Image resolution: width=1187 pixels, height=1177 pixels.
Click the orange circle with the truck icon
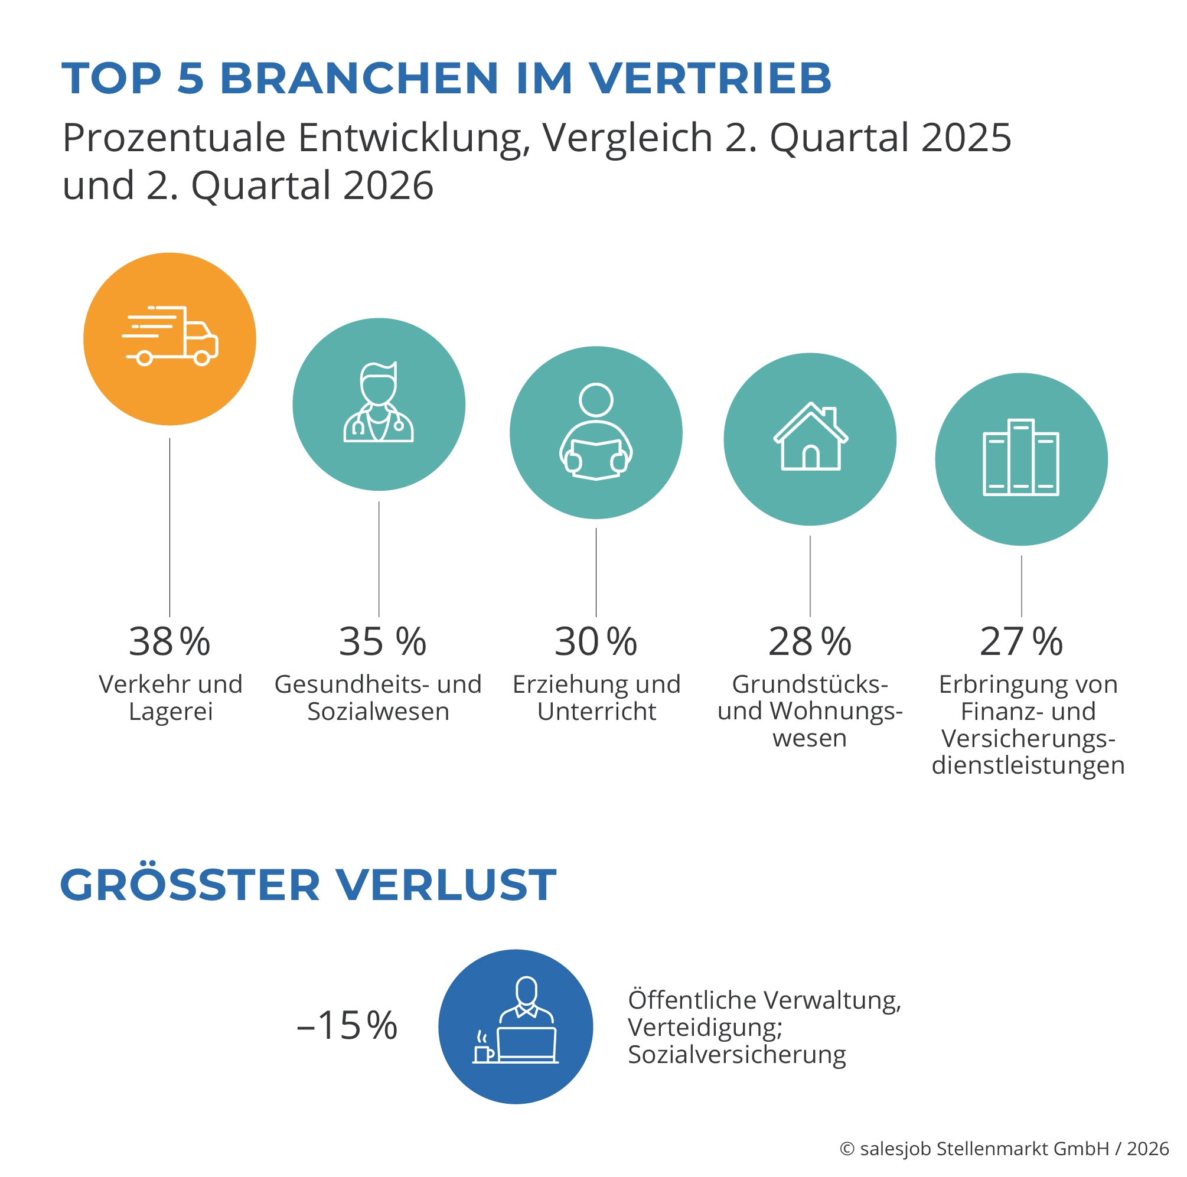coord(169,339)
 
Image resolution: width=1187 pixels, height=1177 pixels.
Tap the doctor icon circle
coord(379,404)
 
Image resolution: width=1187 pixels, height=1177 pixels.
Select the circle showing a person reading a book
coord(596,432)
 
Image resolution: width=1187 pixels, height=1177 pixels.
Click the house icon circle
coord(810,439)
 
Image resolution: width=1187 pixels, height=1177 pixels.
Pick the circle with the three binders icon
coord(1021,459)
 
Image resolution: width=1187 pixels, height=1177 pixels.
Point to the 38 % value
coord(169,642)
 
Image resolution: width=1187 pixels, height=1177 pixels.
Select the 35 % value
coord(382,642)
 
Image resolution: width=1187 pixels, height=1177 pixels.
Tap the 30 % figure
coord(596,642)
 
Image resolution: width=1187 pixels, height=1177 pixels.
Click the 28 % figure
coord(810,642)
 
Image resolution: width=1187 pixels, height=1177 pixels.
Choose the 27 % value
coord(1021,642)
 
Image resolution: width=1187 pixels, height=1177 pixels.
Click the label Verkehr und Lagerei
coord(171,698)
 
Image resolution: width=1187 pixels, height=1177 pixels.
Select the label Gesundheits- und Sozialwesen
coord(378,698)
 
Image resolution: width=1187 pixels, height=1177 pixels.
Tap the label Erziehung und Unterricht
coord(596,698)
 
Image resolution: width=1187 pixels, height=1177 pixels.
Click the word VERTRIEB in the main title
coord(710,79)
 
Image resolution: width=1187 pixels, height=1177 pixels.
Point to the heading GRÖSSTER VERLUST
coord(308,885)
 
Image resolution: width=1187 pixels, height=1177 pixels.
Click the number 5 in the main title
coord(191,79)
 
